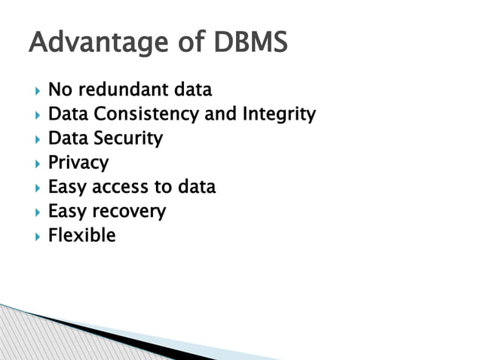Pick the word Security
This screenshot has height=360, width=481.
pyautogui.click(x=127, y=139)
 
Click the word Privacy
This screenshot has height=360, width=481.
pyautogui.click(x=78, y=163)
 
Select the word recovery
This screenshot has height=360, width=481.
pyautogui.click(x=128, y=212)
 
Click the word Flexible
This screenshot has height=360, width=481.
pyautogui.click(x=81, y=235)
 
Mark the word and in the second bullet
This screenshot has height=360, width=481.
pyautogui.click(x=221, y=115)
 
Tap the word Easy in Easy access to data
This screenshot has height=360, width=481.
pyautogui.click(x=66, y=187)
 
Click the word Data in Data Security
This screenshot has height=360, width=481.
pyautogui.click(x=66, y=139)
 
